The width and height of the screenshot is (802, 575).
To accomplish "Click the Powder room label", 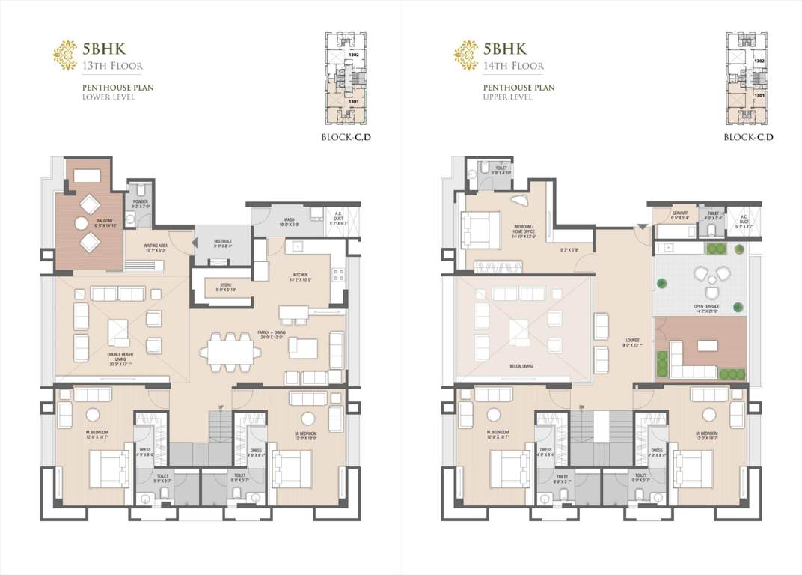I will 140,203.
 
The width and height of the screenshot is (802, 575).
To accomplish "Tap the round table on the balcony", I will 81,223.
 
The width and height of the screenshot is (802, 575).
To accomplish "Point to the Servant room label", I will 679,214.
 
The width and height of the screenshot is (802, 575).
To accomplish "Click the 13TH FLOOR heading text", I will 105,66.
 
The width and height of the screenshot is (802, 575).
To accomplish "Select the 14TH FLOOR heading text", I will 512,66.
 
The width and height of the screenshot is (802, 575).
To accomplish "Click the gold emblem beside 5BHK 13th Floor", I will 64,55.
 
